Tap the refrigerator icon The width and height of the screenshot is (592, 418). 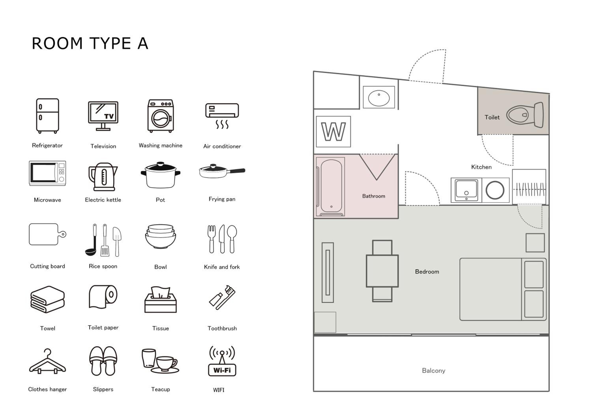click(x=47, y=116)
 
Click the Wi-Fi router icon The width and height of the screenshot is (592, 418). click(x=222, y=361)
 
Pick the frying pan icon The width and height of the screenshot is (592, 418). click(x=222, y=171)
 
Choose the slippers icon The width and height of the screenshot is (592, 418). click(x=103, y=361)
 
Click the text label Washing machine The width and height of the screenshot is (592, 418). click(x=160, y=146)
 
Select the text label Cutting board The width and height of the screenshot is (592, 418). click(x=47, y=266)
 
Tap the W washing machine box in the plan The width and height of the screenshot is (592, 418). click(x=333, y=132)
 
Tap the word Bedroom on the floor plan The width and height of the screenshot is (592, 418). click(x=427, y=272)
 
